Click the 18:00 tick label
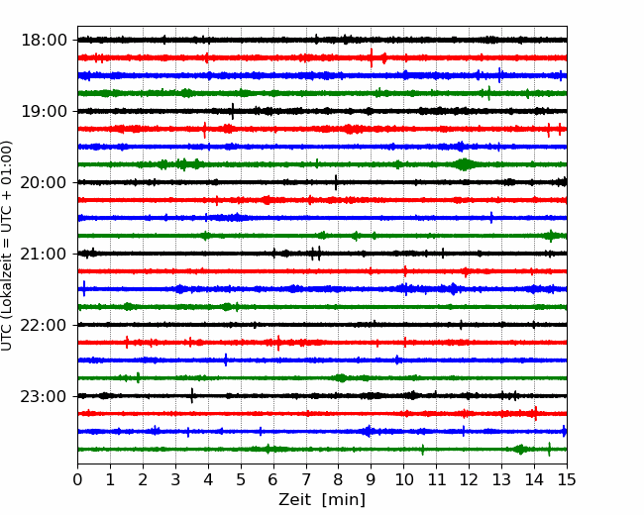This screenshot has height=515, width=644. click(44, 41)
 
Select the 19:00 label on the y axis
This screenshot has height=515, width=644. click(44, 111)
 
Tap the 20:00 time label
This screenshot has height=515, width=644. click(44, 182)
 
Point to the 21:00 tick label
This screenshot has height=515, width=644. click(44, 254)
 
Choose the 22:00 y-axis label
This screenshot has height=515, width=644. click(44, 325)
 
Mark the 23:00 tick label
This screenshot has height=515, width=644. click(44, 396)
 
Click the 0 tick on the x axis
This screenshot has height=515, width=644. click(77, 479)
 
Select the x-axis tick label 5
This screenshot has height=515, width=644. click(241, 479)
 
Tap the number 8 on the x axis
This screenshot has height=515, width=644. click(339, 479)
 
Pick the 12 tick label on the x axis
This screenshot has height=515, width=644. click(469, 479)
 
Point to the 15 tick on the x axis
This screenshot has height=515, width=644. click(567, 479)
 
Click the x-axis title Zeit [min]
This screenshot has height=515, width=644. click(322, 500)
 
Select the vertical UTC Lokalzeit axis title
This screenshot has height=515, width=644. click(7, 246)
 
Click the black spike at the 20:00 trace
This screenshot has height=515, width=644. click(336, 182)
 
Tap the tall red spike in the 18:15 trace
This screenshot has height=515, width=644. click(372, 57)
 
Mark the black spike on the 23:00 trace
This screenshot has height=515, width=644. click(192, 396)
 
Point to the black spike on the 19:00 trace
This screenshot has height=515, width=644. click(233, 111)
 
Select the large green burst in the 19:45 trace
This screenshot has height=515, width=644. click(464, 164)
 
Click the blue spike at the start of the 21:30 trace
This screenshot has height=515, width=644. click(84, 289)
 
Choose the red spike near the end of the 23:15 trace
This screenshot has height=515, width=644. click(536, 414)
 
